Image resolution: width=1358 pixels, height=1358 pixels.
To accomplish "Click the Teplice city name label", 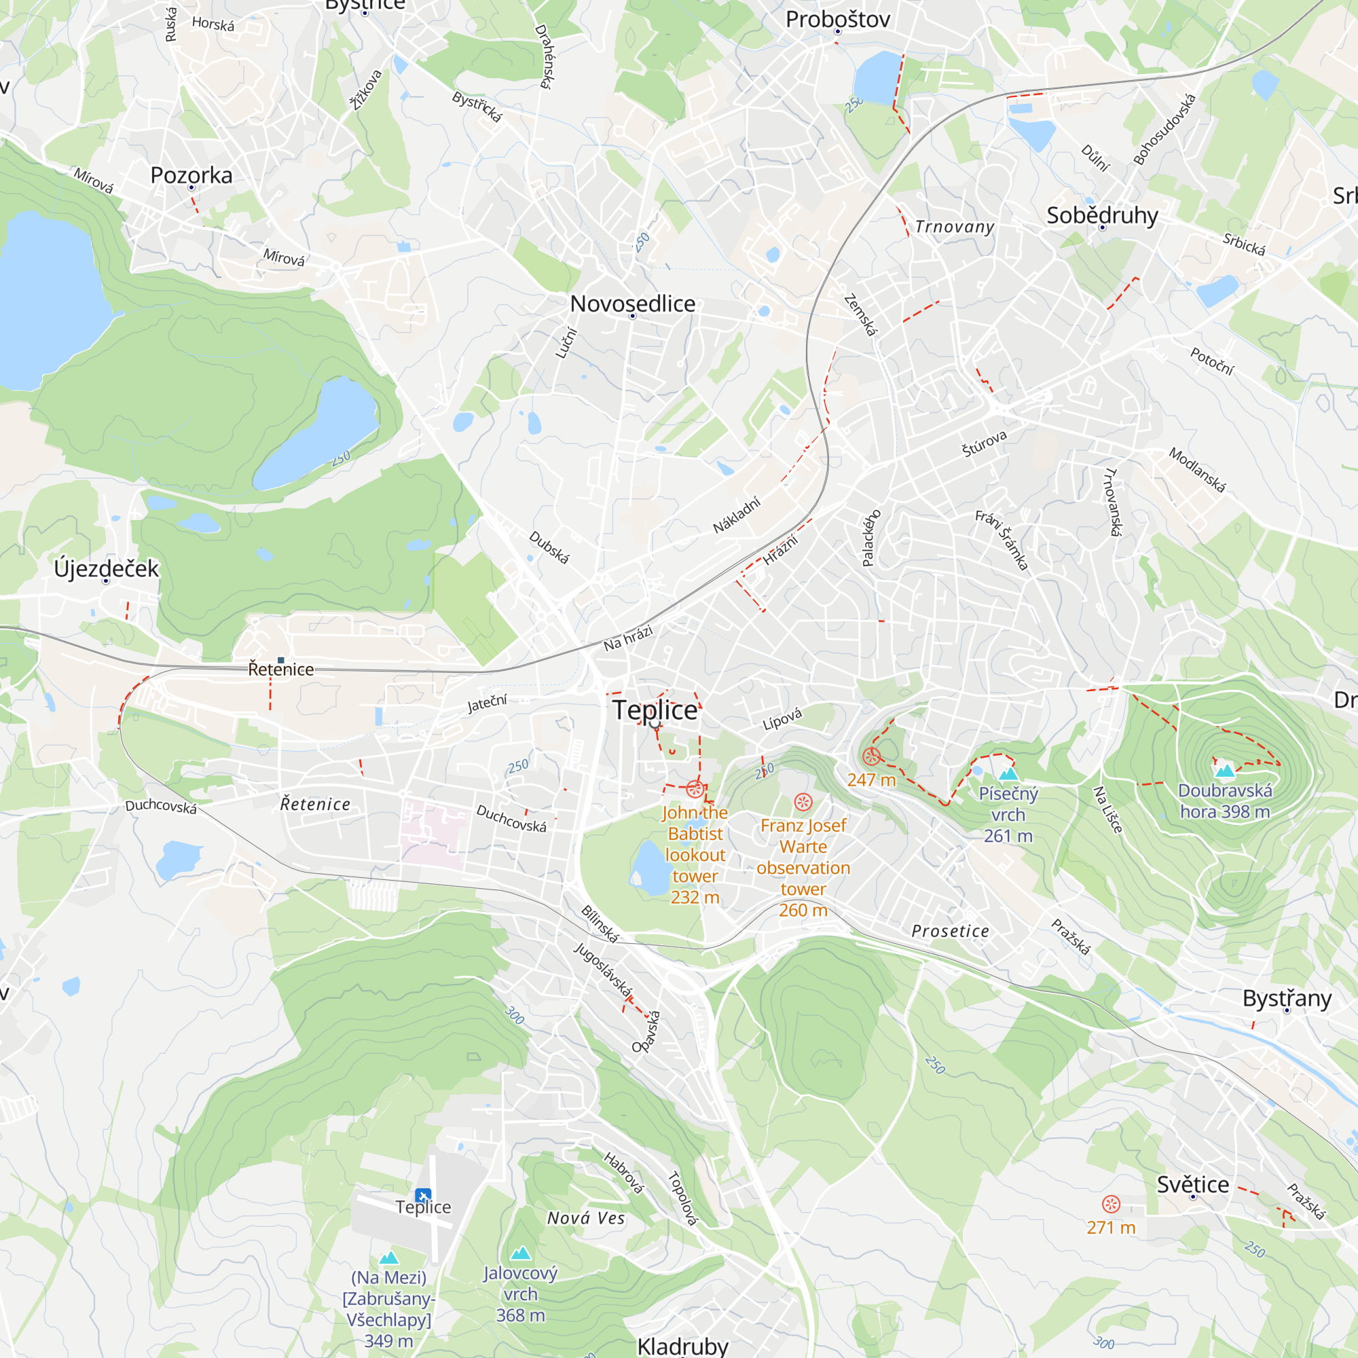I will coord(655,710).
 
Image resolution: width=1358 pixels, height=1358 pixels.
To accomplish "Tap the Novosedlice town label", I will coord(633,304).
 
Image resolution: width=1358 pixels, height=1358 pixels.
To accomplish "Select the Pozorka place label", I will coord(191,175).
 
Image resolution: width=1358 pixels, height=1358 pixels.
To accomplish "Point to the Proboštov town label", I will coord(838,19).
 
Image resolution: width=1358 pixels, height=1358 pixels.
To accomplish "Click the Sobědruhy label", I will coord(1102,215).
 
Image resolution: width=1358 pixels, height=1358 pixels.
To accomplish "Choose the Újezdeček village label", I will coord(107,568).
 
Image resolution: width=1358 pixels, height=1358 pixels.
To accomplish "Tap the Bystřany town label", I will coord(1287,998).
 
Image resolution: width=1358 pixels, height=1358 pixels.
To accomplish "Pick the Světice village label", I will coord(1193,1184).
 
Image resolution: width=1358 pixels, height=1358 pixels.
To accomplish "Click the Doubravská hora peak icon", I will coord(1225,771).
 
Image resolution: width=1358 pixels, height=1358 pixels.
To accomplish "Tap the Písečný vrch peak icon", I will coord(1009,774).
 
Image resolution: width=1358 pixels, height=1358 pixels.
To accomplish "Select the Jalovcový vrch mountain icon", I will coord(521,1253).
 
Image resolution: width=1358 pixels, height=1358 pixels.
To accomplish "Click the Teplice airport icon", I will coord(423,1195).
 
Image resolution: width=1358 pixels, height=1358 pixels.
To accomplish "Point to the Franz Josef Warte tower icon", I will coord(803,802).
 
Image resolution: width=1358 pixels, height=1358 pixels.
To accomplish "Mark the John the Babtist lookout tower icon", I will coord(695,790).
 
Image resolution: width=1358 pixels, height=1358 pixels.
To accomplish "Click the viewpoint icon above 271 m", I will coord(1111,1204).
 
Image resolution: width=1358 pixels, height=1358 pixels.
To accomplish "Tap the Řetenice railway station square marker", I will coord(281,660).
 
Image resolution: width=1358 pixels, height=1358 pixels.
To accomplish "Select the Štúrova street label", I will coord(984,443).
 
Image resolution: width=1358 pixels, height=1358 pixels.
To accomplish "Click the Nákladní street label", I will coord(736,515).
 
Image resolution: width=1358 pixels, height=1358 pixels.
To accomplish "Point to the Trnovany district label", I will coord(955,227).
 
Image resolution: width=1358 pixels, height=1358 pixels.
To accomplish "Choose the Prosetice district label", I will coord(951,932).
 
